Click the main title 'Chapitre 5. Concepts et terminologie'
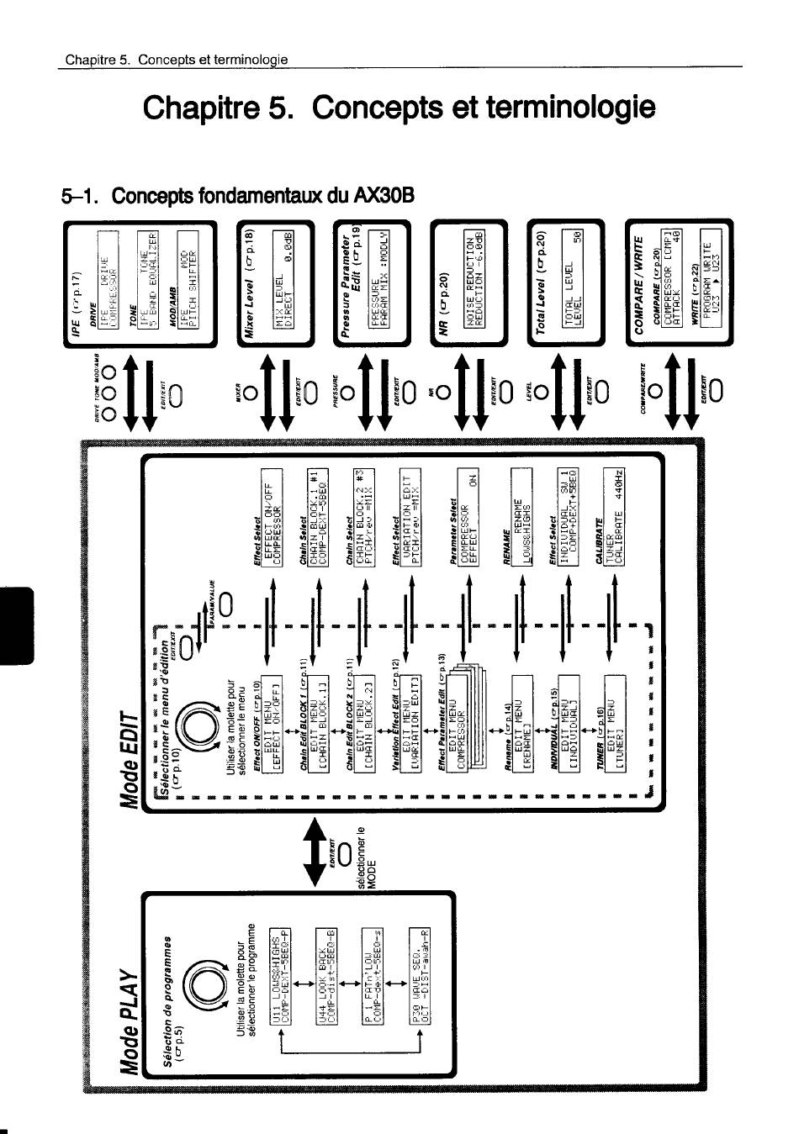pyautogui.click(x=399, y=107)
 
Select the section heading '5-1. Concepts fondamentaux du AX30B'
pyautogui.click(x=239, y=196)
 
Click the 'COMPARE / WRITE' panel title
pyautogui.click(x=642, y=282)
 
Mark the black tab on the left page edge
pyautogui.click(x=18, y=626)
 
